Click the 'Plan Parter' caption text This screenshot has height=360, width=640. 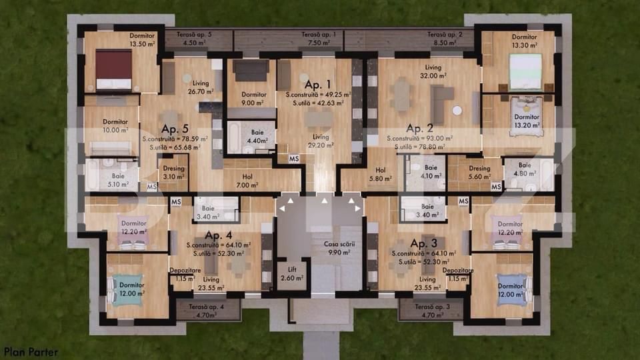(x=31, y=351)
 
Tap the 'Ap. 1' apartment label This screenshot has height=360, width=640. (x=317, y=85)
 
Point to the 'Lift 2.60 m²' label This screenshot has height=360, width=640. (x=291, y=273)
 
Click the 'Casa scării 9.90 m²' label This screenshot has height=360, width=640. (x=338, y=249)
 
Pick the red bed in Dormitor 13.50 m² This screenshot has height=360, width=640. (x=113, y=69)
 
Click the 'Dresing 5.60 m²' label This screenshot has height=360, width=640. (x=479, y=172)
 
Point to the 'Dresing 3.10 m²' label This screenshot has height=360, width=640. (x=174, y=173)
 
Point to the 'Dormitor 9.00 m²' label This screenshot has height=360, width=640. (x=253, y=99)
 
